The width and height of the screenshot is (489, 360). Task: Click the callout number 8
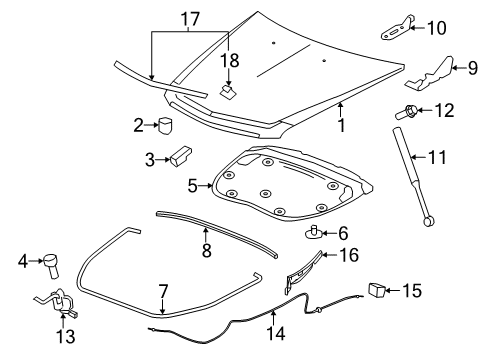coord(206,250)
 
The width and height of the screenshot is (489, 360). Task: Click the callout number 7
coord(163,291)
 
